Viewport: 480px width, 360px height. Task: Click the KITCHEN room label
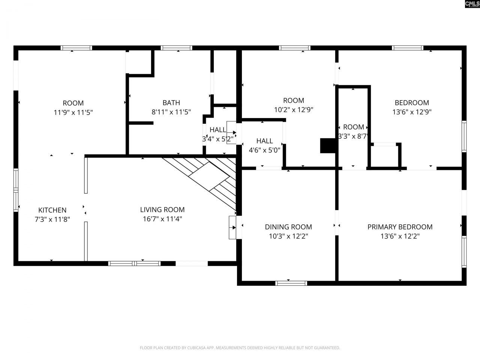[52, 210]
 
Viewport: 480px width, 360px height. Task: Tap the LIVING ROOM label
[162, 210]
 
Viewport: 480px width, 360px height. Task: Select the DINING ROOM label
[288, 227]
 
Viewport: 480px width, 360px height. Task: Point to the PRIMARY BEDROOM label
[400, 227]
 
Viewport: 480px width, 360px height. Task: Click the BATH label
[171, 103]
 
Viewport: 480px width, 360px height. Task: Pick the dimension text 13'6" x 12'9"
[412, 112]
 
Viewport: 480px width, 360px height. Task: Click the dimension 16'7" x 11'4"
[162, 219]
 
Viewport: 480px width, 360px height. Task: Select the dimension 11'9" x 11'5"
[73, 112]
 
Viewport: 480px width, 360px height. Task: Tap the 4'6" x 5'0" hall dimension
[264, 150]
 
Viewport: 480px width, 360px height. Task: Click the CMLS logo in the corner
[472, 4]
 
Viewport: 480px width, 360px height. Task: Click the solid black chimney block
[327, 145]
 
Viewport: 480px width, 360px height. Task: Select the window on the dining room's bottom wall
[291, 283]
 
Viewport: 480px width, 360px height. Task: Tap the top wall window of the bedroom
[408, 48]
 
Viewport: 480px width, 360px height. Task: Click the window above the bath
[177, 48]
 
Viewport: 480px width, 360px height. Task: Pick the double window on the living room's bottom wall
[134, 263]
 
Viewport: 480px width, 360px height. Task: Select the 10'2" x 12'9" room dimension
[294, 110]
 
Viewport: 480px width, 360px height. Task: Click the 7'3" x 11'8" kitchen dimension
[52, 219]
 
